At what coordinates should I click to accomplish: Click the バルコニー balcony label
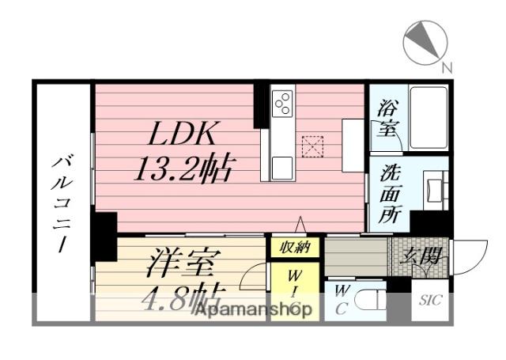coord(62,202)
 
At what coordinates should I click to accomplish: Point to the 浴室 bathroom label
coord(388,116)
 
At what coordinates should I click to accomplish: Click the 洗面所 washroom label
coord(388,194)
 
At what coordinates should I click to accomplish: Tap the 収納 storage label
coord(295,248)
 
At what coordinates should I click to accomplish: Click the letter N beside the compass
coord(447,69)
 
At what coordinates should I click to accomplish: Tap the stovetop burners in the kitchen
coord(282,104)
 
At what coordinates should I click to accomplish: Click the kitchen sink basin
coord(281,167)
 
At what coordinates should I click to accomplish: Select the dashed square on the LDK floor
coord(312,146)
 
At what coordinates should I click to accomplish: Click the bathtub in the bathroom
coord(428,118)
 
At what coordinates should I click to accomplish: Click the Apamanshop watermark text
coord(252,310)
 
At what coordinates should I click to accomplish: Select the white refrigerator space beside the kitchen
coord(353,145)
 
